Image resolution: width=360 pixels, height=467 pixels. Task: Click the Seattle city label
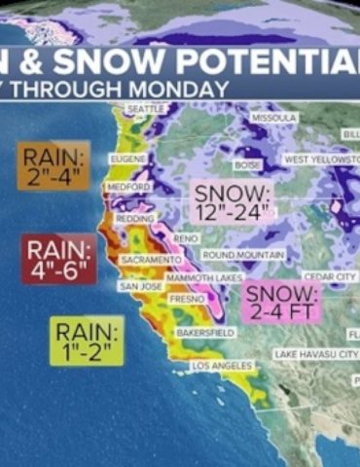tap(147, 109)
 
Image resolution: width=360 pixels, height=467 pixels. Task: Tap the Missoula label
tap(272, 117)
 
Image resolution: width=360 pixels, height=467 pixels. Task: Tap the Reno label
tap(185, 238)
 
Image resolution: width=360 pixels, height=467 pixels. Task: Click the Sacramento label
tap(151, 261)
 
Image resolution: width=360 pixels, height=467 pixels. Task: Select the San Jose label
tap(139, 287)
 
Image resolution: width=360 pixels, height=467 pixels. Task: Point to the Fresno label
tap(188, 300)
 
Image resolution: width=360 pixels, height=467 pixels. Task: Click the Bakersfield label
tap(203, 333)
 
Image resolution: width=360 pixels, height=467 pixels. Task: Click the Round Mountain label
tap(243, 255)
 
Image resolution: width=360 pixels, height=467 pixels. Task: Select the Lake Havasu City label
tap(315, 353)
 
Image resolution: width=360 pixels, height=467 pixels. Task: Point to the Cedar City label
tap(330, 277)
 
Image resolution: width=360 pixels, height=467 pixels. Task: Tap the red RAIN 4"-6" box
tap(58, 258)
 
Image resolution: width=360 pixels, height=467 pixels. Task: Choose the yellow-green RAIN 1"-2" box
tap(87, 341)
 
